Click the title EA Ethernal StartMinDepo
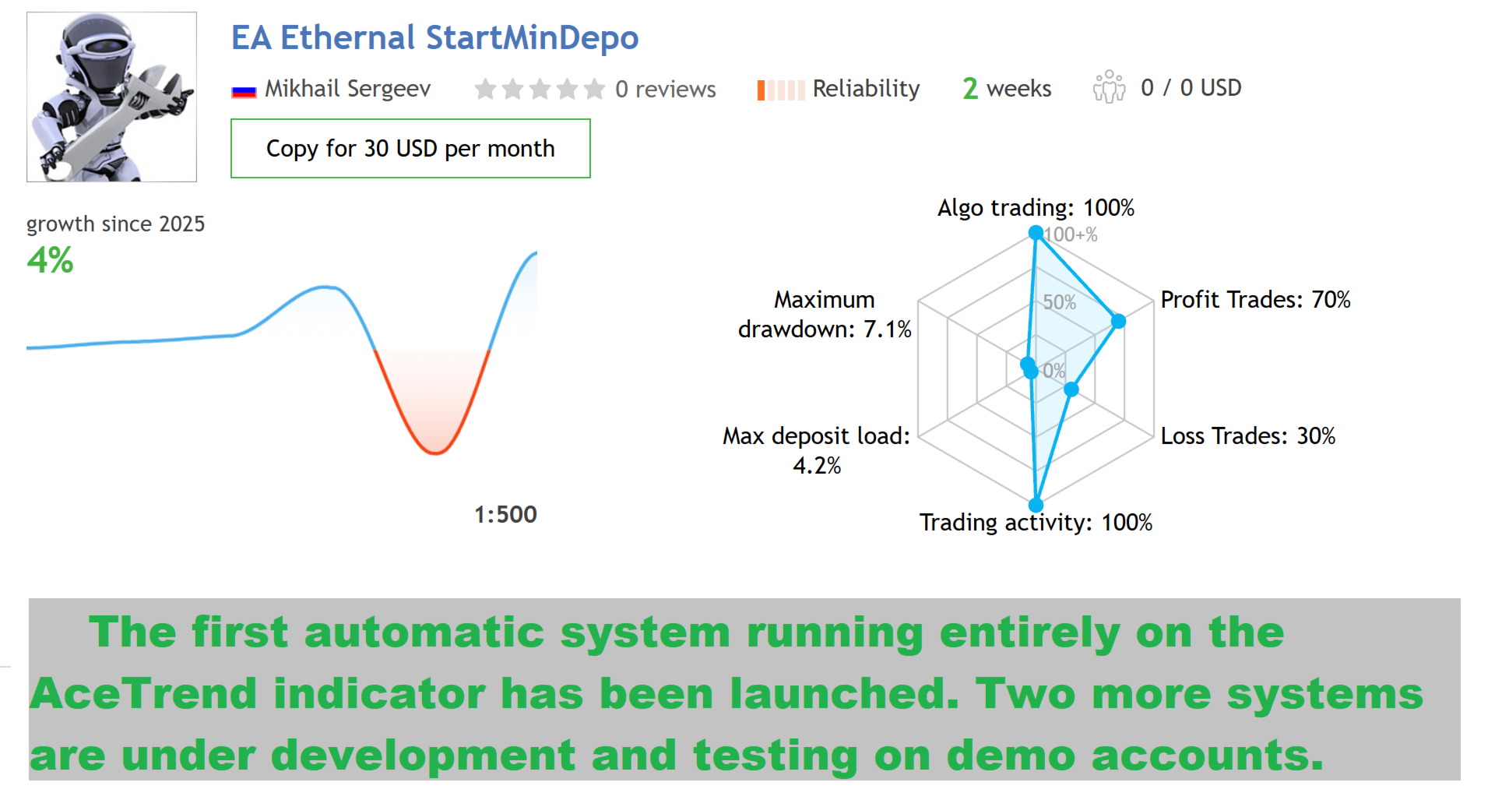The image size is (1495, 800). coord(434,38)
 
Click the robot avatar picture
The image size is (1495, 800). coord(111,97)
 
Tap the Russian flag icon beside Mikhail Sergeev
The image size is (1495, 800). coord(244,91)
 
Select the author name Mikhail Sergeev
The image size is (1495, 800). coord(347,89)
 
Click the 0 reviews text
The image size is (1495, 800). coord(665,90)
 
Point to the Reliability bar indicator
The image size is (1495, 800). coord(781,90)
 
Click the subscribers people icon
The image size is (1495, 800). coord(1109,87)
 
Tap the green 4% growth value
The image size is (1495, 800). coord(50,260)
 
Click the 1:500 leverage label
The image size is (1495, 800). coord(505,514)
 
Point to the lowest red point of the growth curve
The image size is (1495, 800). coord(436,453)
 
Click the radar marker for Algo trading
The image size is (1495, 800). coord(1036,232)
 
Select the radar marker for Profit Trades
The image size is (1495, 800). coord(1118,321)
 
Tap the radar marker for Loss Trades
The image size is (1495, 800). coord(1071,389)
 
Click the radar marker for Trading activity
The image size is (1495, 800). coord(1036,505)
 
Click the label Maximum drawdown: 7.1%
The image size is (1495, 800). coord(825,315)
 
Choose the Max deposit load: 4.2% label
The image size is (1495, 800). coord(816,450)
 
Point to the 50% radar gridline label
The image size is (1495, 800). coord(1060,302)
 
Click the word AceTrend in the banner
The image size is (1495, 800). coord(143,693)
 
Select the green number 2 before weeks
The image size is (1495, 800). coord(970,89)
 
